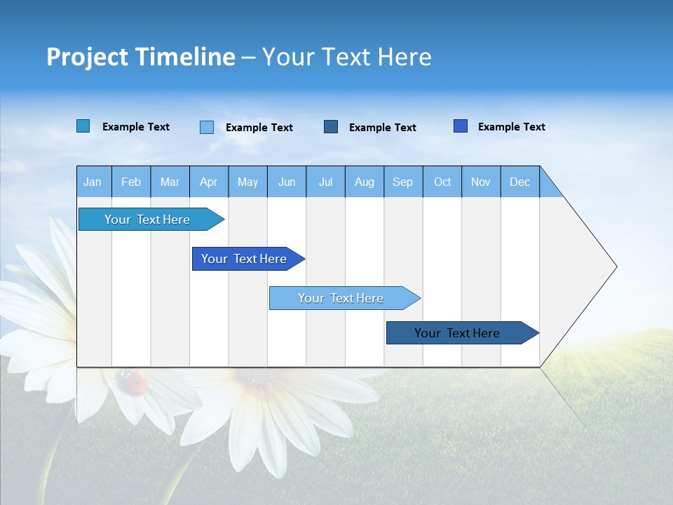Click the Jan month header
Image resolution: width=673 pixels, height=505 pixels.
coord(93,182)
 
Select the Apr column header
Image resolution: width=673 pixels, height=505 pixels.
coord(208,182)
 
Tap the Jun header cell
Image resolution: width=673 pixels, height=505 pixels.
coord(286,182)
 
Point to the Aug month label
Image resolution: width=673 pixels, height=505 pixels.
coord(364,182)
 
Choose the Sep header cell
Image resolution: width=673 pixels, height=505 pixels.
coord(402,182)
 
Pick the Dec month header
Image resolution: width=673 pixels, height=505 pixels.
coord(519,182)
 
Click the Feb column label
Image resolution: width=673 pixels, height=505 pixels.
coord(131,182)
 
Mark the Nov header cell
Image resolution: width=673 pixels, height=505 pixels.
coord(480,182)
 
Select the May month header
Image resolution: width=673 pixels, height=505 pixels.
coord(247,182)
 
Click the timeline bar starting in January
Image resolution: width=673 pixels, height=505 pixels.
coord(147,220)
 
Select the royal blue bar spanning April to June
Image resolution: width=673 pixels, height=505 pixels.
coord(244,259)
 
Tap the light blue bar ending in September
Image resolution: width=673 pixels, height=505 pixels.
coord(341,298)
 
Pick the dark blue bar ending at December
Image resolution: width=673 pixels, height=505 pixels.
coord(457,333)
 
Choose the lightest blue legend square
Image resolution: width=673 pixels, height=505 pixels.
coord(207,127)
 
